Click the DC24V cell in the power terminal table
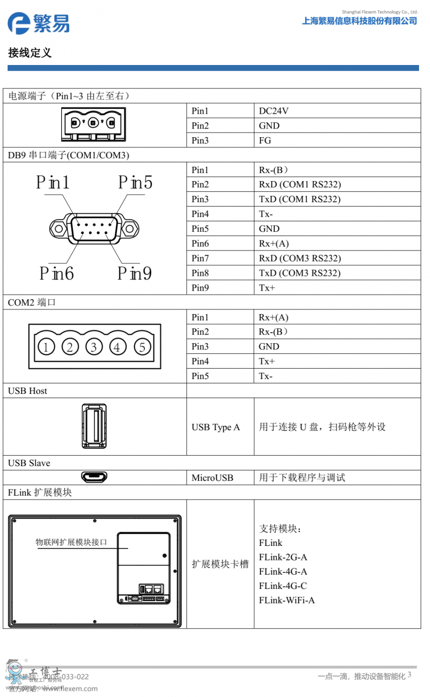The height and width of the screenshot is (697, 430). tap(274, 111)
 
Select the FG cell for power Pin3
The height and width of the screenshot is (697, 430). tap(265, 141)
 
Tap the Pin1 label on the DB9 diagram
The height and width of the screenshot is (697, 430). tap(53, 183)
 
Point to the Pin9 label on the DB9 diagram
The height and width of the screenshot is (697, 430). tap(135, 273)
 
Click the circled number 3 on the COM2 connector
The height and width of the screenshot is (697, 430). tap(94, 347)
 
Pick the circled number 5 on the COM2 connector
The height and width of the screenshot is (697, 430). tap(142, 347)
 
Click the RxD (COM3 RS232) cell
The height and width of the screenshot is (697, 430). tap(300, 258)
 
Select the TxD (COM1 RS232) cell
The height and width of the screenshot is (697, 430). tap(300, 199)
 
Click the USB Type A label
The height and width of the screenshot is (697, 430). tap(215, 427)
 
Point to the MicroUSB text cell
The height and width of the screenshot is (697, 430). tap(212, 478)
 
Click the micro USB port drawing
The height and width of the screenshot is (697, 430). tap(94, 477)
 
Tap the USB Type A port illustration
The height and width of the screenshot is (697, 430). tap(94, 426)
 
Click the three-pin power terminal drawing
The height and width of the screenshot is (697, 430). tap(94, 124)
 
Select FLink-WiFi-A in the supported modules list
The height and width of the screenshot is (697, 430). tap(287, 600)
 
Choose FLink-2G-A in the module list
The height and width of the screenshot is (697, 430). tap(283, 557)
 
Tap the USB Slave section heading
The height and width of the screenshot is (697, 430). tap(29, 463)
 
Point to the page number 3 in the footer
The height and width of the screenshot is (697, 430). tap(409, 675)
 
